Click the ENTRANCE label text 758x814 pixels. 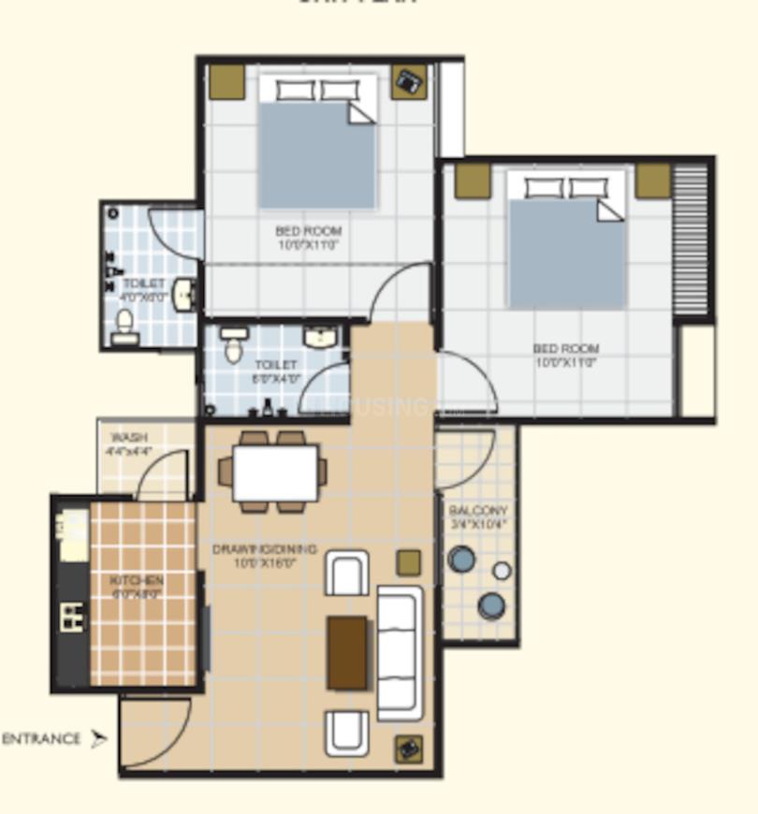pyautogui.click(x=41, y=739)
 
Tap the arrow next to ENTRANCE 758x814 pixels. pyautogui.click(x=98, y=739)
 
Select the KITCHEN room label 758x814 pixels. pyautogui.click(x=137, y=587)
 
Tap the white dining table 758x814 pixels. pyautogui.click(x=275, y=472)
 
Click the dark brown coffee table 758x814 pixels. pyautogui.click(x=347, y=652)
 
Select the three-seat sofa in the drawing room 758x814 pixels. pyautogui.click(x=400, y=653)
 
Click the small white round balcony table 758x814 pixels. pyautogui.click(x=502, y=571)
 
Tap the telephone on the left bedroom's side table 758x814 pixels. pyautogui.click(x=409, y=82)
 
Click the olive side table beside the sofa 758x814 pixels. pyautogui.click(x=408, y=562)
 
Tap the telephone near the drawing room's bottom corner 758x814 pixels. pyautogui.click(x=409, y=749)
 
